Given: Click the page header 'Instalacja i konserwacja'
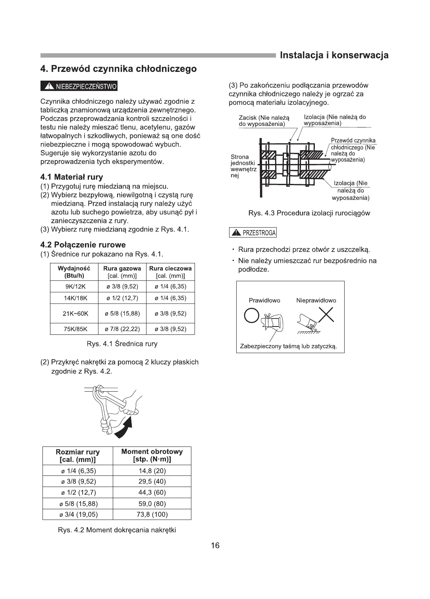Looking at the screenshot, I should tap(334, 56).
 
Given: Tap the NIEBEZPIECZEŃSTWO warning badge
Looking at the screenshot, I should tap(79, 86).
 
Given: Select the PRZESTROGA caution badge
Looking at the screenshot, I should tap(253, 233).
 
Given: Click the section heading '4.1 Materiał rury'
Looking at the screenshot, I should tap(72, 177).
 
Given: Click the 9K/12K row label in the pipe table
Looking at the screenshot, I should tap(75, 287).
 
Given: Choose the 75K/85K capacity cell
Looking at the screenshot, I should tap(75, 329).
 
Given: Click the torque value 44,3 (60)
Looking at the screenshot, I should tap(152, 493).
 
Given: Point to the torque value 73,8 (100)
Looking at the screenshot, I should tap(152, 515).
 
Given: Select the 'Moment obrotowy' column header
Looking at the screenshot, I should tap(152, 456).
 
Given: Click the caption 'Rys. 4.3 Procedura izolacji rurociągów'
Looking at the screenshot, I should tap(309, 213).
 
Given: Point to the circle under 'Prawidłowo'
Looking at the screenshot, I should tap(251, 316).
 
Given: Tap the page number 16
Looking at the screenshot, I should tap(215, 545).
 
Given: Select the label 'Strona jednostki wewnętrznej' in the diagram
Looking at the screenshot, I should tap(243, 166).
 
